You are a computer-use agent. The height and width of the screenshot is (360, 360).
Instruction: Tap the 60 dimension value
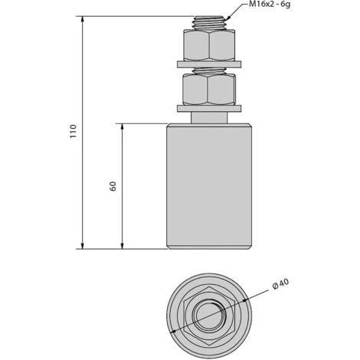(x=113, y=186)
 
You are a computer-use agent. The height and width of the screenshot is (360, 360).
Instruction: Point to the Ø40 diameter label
(x=281, y=287)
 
